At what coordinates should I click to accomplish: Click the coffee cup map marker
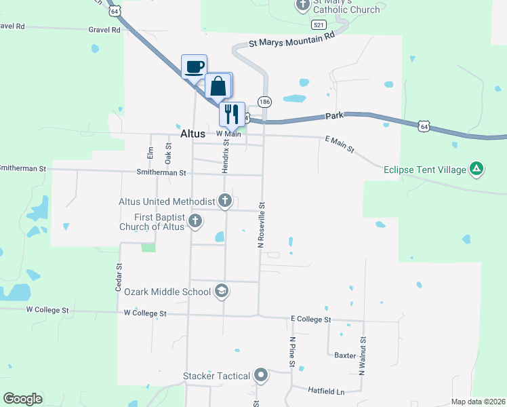(x=194, y=67)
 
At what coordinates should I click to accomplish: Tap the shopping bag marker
(x=218, y=86)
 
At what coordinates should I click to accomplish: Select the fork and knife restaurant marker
(x=232, y=114)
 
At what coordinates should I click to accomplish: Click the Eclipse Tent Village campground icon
(x=477, y=169)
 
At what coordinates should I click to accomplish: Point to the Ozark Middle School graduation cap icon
(x=221, y=292)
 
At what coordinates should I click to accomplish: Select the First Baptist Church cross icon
(x=195, y=220)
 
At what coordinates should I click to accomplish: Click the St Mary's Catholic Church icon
(x=302, y=5)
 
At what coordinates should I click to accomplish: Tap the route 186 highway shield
(x=264, y=102)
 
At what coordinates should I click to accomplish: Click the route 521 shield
(x=319, y=24)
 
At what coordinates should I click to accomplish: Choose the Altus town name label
(x=179, y=134)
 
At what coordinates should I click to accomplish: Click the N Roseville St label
(x=261, y=224)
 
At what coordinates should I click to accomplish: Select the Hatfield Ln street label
(x=327, y=392)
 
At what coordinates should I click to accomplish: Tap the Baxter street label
(x=344, y=355)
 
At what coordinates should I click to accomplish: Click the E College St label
(x=310, y=319)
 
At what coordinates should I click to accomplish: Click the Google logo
(x=22, y=399)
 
